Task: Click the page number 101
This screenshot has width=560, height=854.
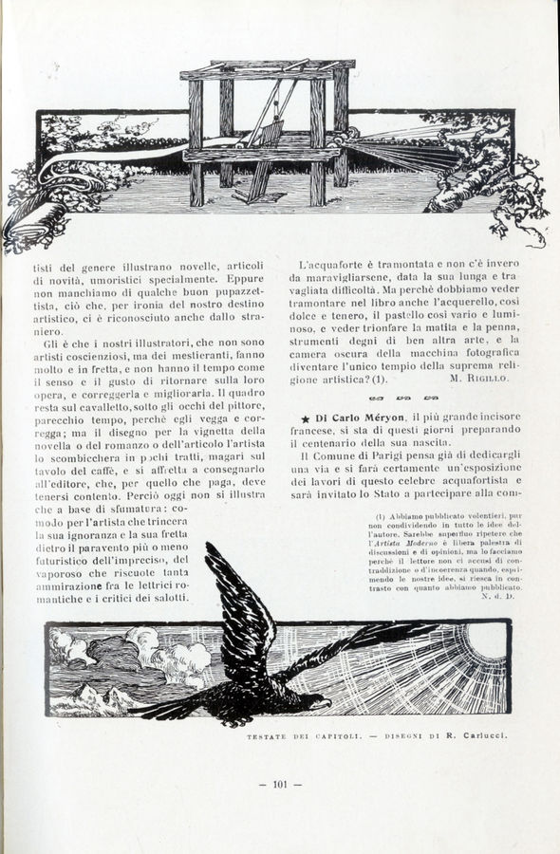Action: point(280,784)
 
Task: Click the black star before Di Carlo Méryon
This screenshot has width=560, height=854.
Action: point(305,418)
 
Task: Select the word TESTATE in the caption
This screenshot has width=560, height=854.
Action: point(268,736)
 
